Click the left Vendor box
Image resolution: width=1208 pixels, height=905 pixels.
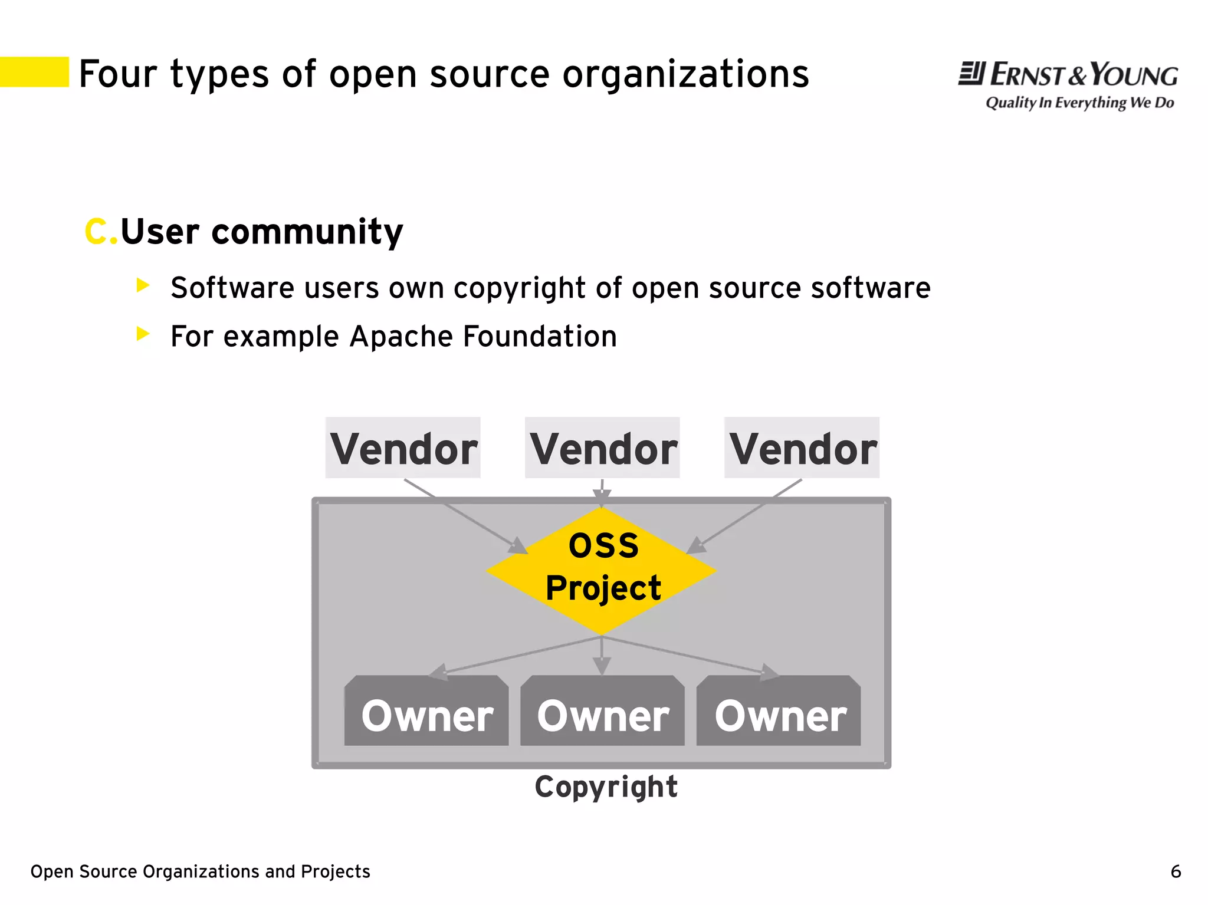click(403, 448)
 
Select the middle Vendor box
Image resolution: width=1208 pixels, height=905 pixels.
click(602, 448)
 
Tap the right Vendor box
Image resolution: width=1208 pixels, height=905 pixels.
click(802, 448)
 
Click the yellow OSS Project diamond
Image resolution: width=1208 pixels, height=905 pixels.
click(602, 570)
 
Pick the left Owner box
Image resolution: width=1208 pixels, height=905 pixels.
click(426, 712)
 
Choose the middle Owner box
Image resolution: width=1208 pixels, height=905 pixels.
click(602, 712)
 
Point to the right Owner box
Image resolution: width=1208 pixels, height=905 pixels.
click(779, 712)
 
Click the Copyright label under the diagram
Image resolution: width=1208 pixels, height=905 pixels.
click(606, 787)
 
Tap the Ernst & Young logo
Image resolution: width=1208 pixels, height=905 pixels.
click(1068, 75)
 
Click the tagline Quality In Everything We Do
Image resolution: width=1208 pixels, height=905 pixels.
click(1079, 103)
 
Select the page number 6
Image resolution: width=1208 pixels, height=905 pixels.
click(1176, 871)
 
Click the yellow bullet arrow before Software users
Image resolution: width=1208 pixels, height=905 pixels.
click(143, 285)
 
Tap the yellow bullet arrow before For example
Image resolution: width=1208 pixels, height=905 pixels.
click(143, 334)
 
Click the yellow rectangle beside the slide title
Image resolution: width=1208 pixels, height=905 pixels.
click(34, 72)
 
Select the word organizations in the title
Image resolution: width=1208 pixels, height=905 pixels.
click(685, 75)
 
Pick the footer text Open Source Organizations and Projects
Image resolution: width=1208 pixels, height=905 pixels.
click(200, 871)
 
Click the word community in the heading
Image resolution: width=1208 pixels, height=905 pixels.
click(307, 231)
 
